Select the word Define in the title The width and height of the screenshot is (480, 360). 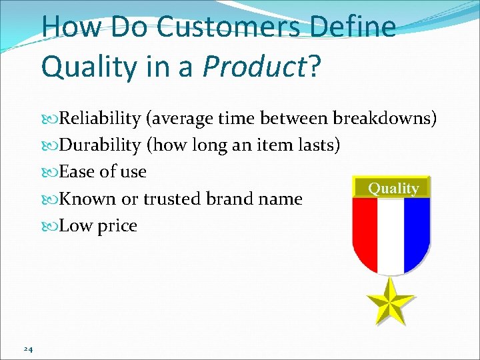tap(355, 27)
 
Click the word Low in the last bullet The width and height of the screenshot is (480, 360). tap(74, 226)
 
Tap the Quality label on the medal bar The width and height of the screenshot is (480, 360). tap(393, 189)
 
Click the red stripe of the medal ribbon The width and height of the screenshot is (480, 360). tap(365, 230)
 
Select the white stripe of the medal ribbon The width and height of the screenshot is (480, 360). tap(391, 233)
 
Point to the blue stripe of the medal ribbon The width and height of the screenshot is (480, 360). tap(417, 230)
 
